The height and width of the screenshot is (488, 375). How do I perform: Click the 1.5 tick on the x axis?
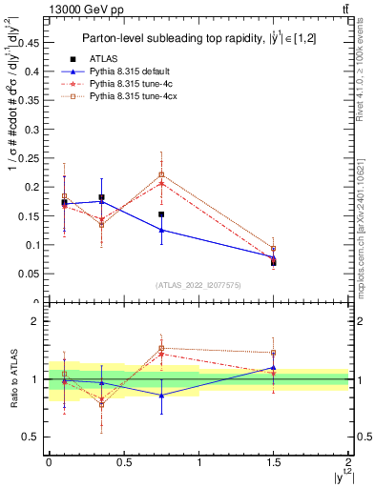(x=273, y=462)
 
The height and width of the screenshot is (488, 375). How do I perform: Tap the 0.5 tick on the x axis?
(x=123, y=462)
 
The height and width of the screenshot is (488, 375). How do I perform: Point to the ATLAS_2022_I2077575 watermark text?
(x=198, y=284)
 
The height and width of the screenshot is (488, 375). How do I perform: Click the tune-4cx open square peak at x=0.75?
(x=161, y=174)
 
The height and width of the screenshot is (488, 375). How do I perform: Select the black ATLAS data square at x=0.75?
(x=161, y=214)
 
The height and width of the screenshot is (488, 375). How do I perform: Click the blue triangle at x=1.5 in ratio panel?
(x=273, y=367)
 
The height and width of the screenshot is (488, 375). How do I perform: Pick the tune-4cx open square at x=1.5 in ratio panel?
(x=273, y=353)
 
